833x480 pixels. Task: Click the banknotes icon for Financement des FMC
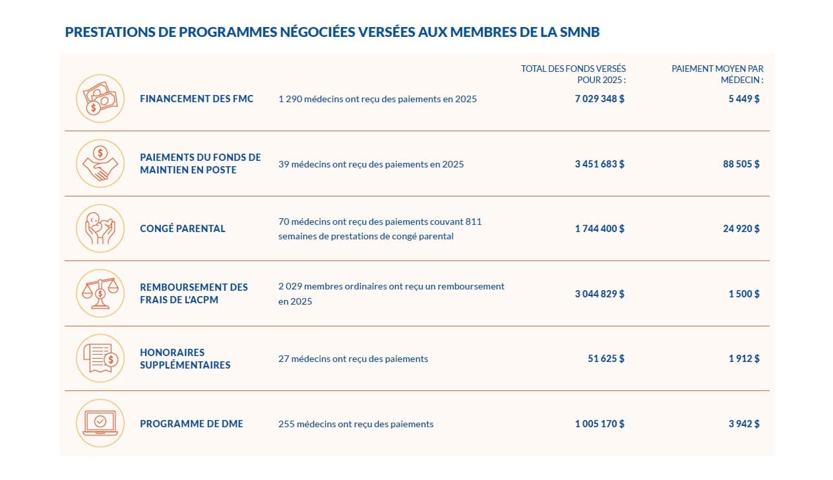[x=100, y=98]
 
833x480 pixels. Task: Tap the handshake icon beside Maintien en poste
[x=100, y=164]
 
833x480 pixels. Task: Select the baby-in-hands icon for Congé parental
[x=100, y=228]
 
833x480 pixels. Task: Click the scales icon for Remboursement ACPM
[x=100, y=293]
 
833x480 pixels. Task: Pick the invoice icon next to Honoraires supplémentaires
[x=100, y=359]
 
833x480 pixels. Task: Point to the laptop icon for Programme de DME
[x=100, y=423]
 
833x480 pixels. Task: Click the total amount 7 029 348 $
[x=600, y=98]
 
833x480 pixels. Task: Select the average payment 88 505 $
[x=741, y=164]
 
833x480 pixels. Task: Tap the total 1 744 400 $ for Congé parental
[x=600, y=229]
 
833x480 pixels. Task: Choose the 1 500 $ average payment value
[x=744, y=293]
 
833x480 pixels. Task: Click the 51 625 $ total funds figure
[x=605, y=359]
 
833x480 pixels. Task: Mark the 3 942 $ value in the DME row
[x=744, y=424]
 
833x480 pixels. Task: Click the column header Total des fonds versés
[x=573, y=74]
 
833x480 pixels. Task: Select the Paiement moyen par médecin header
[x=718, y=74]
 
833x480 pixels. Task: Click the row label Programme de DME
[x=191, y=424]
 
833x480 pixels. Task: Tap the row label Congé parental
[x=183, y=229]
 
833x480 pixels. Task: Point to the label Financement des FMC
[x=197, y=98]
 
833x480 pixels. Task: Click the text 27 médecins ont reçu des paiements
[x=353, y=359]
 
